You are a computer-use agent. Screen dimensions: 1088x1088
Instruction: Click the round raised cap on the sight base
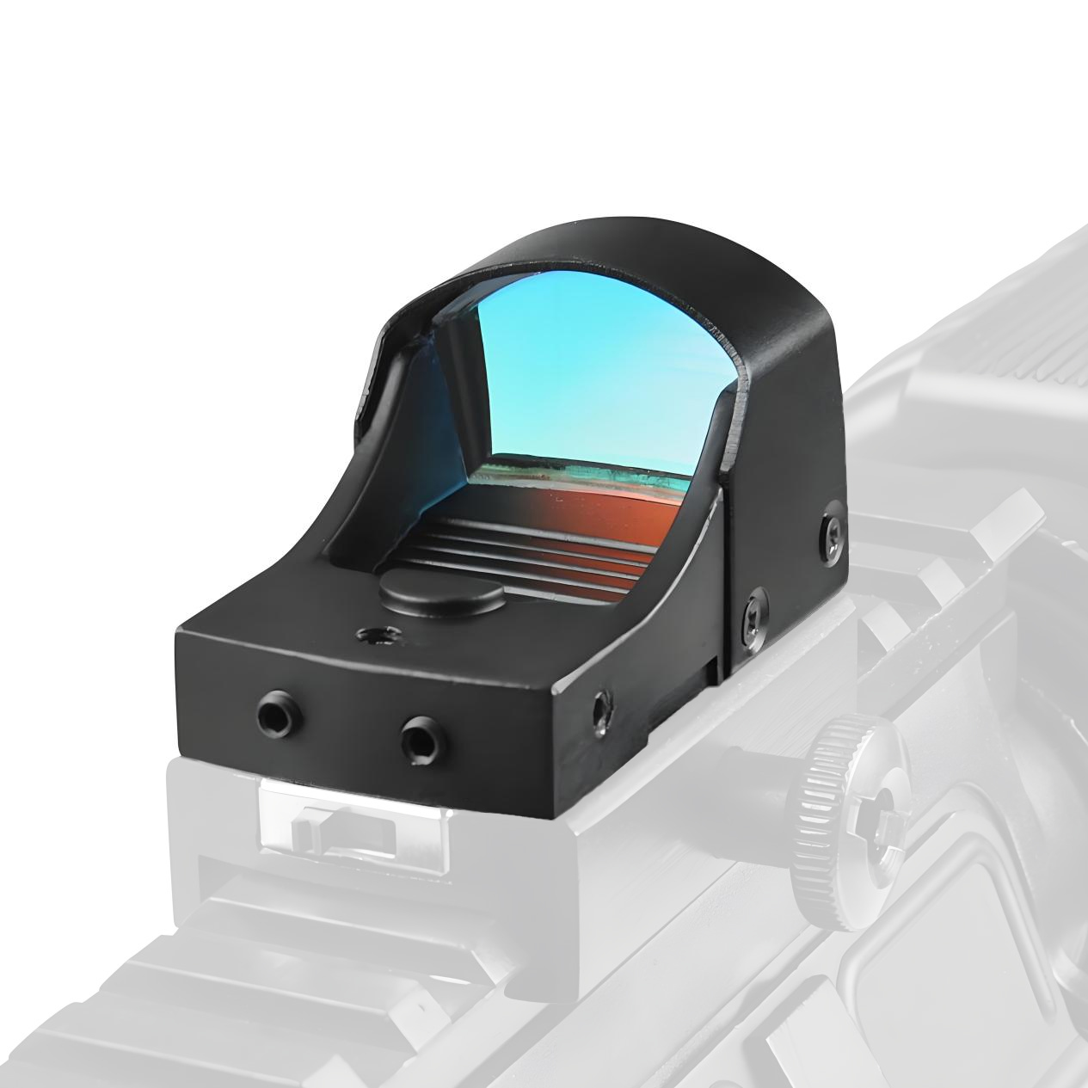[441, 593]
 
